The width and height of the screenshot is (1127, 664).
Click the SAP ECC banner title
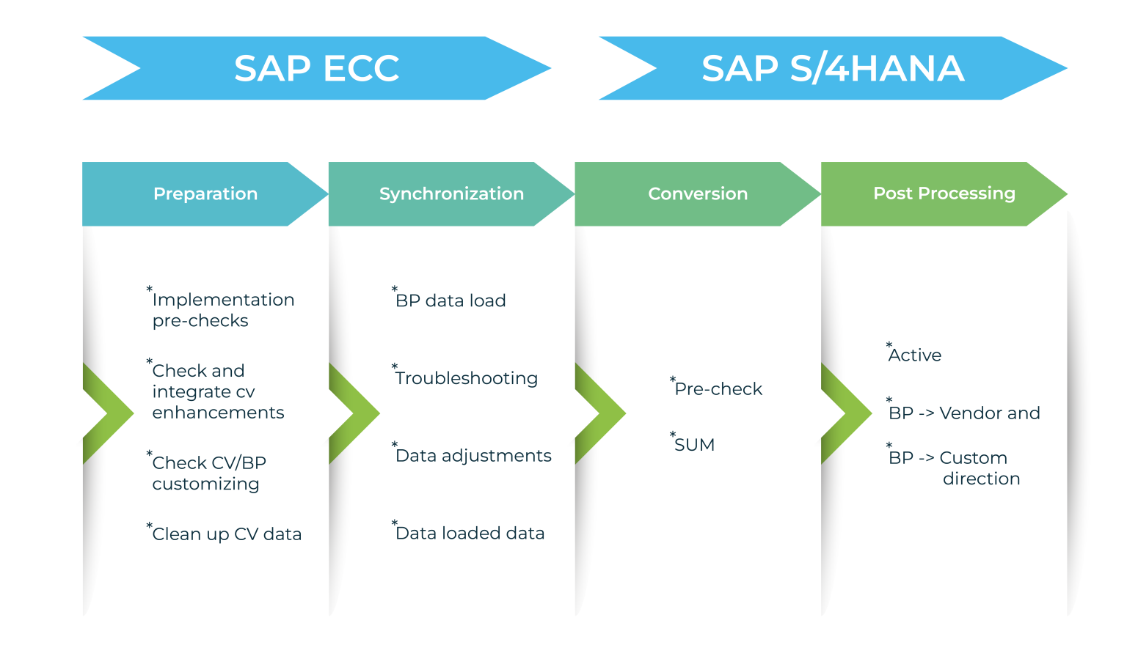click(x=316, y=68)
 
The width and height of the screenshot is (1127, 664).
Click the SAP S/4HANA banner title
click(x=832, y=68)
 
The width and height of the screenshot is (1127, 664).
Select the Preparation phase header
click(x=205, y=193)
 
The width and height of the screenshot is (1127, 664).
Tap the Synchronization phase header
click(x=451, y=193)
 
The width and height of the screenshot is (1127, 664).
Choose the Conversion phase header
click(x=697, y=193)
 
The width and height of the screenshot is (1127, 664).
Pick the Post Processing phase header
click(x=944, y=193)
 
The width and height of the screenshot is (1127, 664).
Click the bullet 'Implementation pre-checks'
click(x=222, y=310)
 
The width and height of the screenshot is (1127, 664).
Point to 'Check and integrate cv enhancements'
click(x=217, y=391)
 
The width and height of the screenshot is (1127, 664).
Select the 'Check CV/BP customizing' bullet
click(x=208, y=473)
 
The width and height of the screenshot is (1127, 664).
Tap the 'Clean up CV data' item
click(x=226, y=534)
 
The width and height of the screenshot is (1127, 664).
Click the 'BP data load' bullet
click(x=451, y=300)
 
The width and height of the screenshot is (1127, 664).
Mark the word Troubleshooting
click(x=466, y=378)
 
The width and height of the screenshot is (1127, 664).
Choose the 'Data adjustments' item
click(x=473, y=456)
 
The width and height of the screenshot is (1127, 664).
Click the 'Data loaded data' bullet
click(x=470, y=533)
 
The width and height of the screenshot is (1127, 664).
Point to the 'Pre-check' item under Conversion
click(x=718, y=389)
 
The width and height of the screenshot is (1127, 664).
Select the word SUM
click(x=693, y=445)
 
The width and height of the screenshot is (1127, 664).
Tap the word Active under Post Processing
click(x=914, y=355)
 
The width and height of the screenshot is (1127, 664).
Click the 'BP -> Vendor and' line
click(x=963, y=413)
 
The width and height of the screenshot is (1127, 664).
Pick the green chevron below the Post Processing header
click(x=845, y=413)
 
